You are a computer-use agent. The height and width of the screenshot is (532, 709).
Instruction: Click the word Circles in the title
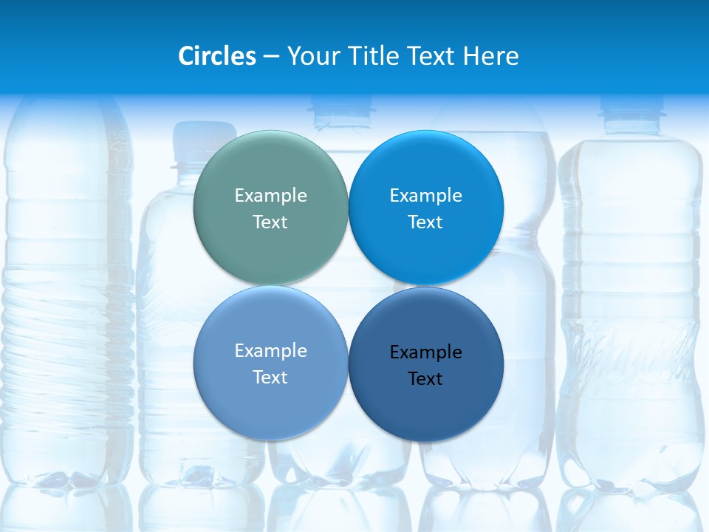pos(217,56)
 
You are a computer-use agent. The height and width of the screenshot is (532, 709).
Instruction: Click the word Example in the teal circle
pos(270,195)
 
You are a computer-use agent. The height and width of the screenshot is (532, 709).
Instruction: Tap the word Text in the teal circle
pos(270,222)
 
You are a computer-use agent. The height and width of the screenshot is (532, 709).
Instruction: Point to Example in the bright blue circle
pos(426,195)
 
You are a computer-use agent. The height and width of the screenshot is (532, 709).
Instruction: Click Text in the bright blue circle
pos(426,222)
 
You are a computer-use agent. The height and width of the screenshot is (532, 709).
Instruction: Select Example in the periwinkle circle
pos(270,350)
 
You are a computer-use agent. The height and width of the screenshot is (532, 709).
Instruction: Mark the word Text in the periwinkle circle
pos(270,377)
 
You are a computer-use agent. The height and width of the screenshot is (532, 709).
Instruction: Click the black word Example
pos(426,352)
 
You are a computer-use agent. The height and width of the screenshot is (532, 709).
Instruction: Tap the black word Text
pos(426,378)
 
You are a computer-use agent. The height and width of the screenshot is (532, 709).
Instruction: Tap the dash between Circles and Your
pos(271,57)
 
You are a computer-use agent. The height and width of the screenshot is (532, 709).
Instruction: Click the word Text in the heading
pos(431,56)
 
